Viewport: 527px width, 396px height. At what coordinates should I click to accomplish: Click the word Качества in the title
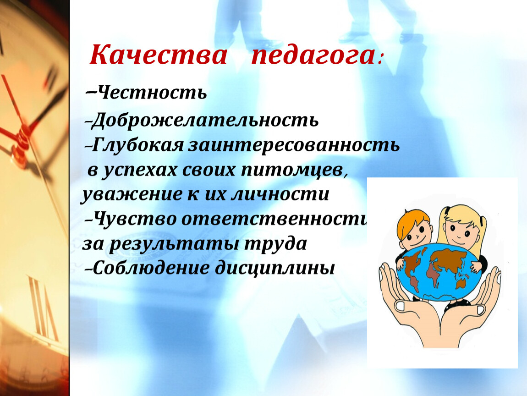tap(158, 55)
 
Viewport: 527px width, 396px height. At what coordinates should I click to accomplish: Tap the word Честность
tap(150, 93)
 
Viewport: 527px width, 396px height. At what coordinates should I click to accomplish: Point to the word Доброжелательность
tap(205, 120)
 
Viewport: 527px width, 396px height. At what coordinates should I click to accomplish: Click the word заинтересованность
tap(294, 145)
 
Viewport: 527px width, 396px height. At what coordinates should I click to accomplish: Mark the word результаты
tap(174, 244)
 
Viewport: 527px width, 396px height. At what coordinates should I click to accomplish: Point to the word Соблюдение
tap(151, 268)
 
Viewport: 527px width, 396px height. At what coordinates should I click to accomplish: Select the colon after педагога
tap(380, 60)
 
